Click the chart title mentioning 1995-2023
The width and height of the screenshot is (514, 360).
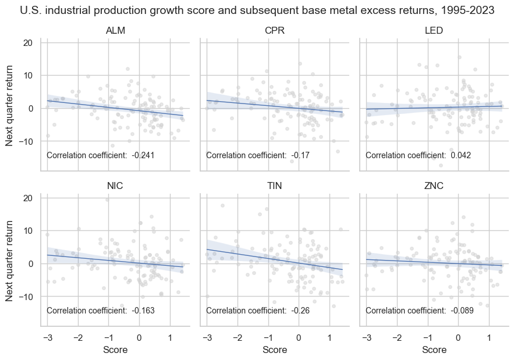coord(257,10)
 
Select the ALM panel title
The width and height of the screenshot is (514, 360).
coord(115,30)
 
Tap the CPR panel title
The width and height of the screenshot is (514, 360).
coord(274,30)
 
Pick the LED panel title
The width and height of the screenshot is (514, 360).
coord(434,30)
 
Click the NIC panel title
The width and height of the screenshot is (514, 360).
coord(115,186)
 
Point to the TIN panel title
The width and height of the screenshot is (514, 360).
coord(274,186)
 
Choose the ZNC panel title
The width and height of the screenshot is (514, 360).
coord(434,186)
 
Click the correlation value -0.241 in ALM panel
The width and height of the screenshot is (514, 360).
coord(143,155)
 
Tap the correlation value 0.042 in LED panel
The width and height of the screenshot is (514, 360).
coord(460,155)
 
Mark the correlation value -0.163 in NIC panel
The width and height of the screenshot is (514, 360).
coord(143,311)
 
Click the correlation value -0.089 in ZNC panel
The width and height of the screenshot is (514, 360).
coord(462,311)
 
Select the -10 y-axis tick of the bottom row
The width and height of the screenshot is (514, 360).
coord(27,297)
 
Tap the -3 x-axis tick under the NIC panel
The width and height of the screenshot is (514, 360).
coord(46,337)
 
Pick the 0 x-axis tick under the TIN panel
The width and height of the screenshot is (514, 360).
coord(298,337)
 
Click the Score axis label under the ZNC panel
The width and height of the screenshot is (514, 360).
coord(434,350)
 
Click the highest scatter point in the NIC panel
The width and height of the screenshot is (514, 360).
coord(107,199)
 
